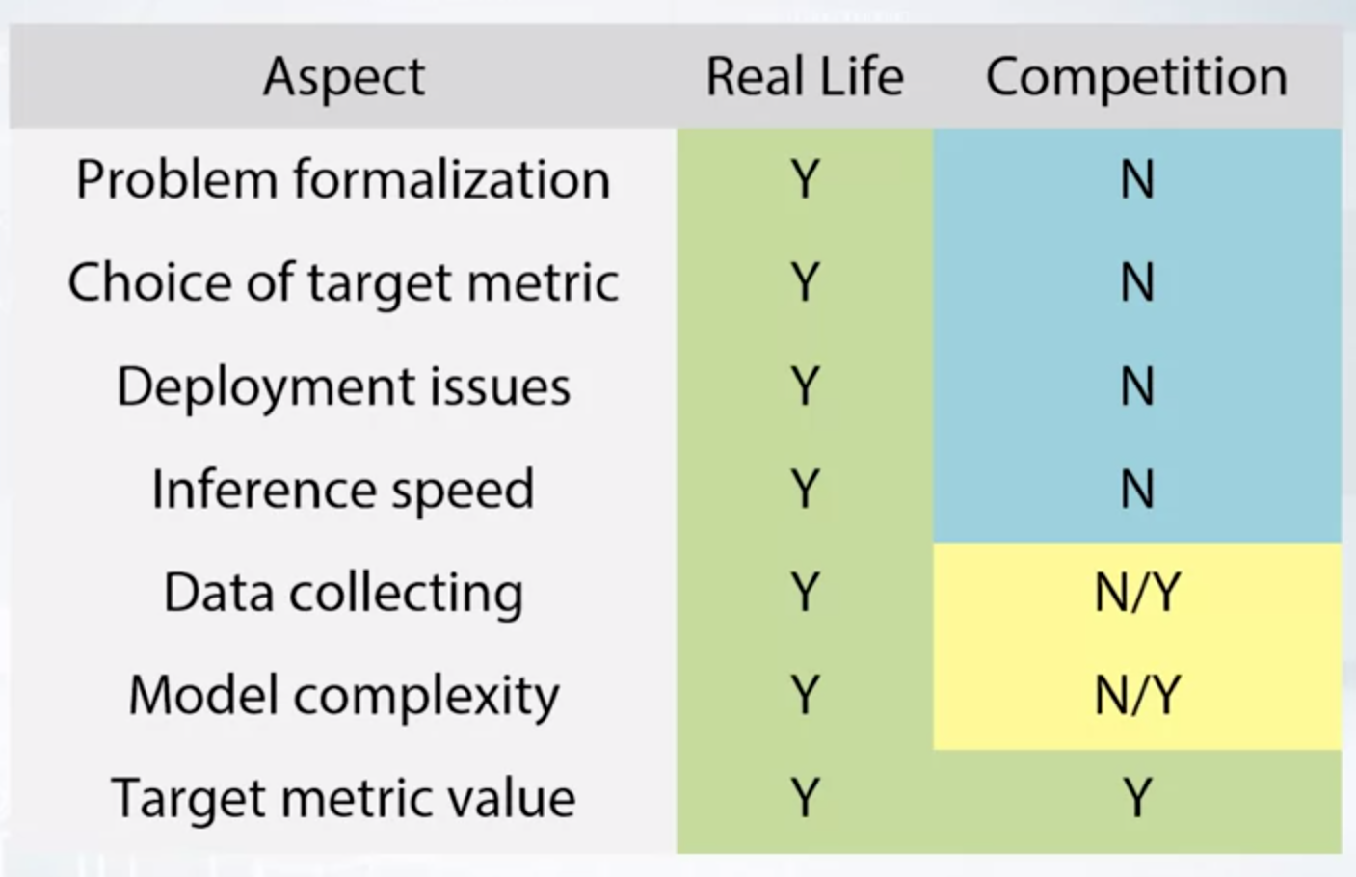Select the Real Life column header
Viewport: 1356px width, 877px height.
[x=805, y=76]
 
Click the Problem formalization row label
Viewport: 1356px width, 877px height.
[x=343, y=179]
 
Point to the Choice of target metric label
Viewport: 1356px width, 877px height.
[x=343, y=283]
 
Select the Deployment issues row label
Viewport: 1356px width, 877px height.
[x=343, y=387]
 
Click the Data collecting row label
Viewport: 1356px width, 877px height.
[x=343, y=593]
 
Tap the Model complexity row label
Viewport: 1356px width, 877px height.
[x=343, y=696]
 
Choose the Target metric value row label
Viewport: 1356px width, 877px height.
[x=343, y=799]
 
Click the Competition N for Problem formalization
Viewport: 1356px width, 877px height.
[x=1137, y=179]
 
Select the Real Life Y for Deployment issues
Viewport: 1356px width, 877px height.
[x=805, y=386]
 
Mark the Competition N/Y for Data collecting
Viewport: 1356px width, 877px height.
[x=1137, y=593]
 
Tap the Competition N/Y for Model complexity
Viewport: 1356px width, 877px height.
[x=1137, y=696]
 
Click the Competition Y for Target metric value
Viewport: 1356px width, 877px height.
[x=1137, y=799]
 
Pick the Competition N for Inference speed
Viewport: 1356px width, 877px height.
[x=1137, y=489]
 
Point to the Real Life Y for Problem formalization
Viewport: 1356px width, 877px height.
[x=805, y=179]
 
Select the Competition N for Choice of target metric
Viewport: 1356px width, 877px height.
[x=1137, y=282]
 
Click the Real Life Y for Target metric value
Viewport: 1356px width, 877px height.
[x=805, y=799]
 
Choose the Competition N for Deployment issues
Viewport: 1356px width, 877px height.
[x=1137, y=386]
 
